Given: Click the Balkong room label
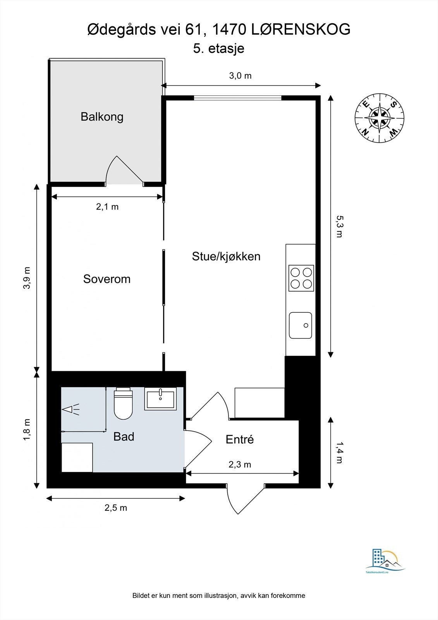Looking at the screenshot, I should [102, 117].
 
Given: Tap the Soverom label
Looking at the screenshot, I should [106, 279].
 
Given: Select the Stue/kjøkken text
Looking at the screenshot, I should [226, 256].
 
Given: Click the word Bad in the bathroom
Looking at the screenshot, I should [124, 437].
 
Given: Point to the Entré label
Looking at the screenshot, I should [239, 439].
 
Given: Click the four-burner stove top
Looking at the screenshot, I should [301, 278].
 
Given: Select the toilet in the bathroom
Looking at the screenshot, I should [123, 404].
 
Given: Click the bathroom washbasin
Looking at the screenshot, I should [160, 398].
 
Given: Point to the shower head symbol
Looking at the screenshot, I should [70, 410].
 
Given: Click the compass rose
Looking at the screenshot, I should [380, 118].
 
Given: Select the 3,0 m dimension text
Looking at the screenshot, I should [240, 76].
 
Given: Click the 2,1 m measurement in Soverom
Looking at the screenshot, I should [107, 207].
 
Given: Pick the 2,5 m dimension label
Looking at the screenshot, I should [115, 508].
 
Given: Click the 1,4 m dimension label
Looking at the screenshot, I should [339, 453].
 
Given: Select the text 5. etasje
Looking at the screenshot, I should [219, 49].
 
